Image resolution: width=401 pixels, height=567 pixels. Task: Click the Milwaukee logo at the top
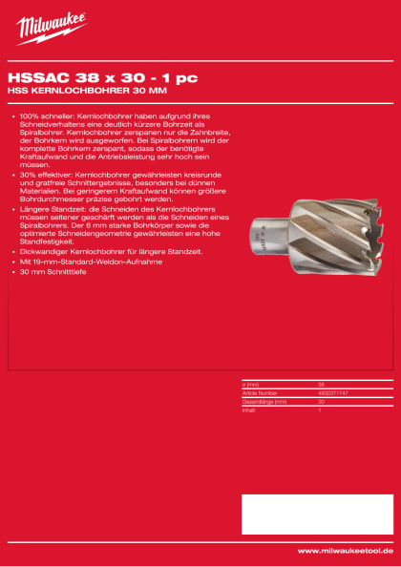click(x=51, y=28)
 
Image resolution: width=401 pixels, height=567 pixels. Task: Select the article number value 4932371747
click(x=333, y=391)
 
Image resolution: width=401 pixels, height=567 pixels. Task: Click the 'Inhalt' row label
click(x=249, y=408)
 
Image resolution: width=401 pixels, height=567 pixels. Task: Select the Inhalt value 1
click(x=320, y=408)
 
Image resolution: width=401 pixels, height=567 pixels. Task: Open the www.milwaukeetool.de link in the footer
click(x=345, y=551)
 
